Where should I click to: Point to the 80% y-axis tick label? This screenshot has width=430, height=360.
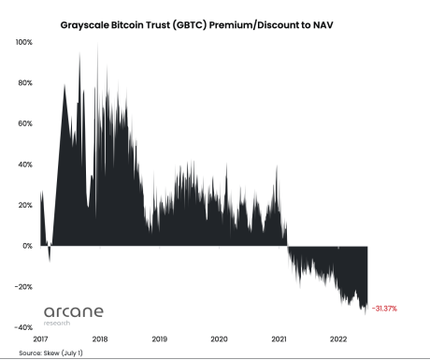pyautogui.click(x=24, y=83)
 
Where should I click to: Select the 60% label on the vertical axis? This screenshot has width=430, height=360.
pyautogui.click(x=24, y=123)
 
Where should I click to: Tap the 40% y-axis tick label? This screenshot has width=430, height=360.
pyautogui.click(x=24, y=165)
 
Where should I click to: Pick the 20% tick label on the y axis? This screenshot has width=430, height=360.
pyautogui.click(x=24, y=205)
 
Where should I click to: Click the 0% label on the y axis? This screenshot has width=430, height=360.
pyautogui.click(x=27, y=246)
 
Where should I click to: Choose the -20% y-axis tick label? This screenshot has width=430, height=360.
pyautogui.click(x=23, y=287)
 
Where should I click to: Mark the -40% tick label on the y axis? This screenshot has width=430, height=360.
pyautogui.click(x=23, y=327)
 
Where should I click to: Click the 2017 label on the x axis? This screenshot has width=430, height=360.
pyautogui.click(x=40, y=338)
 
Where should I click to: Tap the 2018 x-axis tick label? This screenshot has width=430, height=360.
pyautogui.click(x=100, y=338)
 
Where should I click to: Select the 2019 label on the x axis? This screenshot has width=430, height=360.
pyautogui.click(x=159, y=338)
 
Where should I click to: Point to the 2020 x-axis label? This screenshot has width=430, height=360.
pyautogui.click(x=219, y=338)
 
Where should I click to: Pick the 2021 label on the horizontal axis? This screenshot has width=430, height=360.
pyautogui.click(x=278, y=338)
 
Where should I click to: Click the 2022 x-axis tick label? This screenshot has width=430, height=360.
pyautogui.click(x=337, y=338)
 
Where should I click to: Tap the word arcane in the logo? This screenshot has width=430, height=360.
pyautogui.click(x=74, y=310)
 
